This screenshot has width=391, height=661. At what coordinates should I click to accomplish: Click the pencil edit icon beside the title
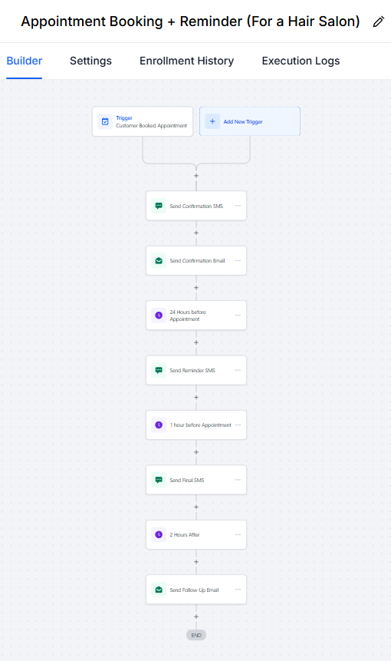click(379, 21)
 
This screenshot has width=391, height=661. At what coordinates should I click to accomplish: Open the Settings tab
click(90, 61)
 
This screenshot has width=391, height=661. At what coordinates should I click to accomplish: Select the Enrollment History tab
click(186, 61)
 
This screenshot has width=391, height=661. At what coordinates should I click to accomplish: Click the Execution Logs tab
click(301, 61)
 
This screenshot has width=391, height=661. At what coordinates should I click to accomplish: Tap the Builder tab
click(25, 61)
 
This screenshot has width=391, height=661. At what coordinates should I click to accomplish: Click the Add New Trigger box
click(250, 121)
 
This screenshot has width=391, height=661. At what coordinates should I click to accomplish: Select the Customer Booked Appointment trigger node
click(143, 121)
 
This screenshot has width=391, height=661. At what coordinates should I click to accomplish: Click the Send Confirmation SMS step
click(196, 206)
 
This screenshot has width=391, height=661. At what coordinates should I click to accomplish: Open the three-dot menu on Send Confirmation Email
click(238, 260)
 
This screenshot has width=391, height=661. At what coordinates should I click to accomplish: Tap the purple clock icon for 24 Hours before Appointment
click(159, 316)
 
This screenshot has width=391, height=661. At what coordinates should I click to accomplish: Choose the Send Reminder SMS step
click(196, 370)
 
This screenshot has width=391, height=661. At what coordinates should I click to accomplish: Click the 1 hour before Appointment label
click(200, 425)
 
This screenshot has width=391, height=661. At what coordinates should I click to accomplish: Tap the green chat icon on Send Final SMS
click(159, 480)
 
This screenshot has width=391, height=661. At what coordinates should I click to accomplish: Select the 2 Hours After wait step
click(196, 534)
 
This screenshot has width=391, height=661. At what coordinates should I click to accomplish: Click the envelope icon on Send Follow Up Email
click(159, 590)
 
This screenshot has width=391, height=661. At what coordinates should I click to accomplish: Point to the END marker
click(196, 636)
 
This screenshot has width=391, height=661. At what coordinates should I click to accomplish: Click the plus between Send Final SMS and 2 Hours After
click(196, 507)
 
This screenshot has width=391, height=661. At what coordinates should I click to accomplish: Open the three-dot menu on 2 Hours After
click(238, 534)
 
